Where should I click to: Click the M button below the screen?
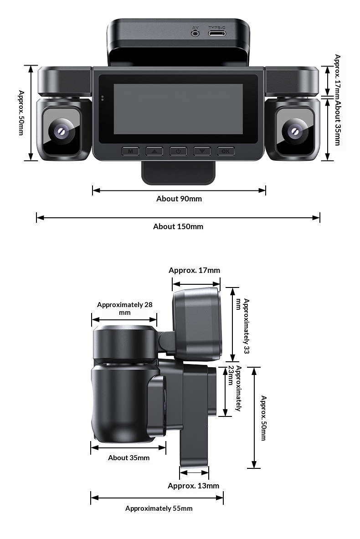pos(130,151)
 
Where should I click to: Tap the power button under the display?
pos(178,151)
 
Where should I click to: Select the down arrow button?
pos(202,151)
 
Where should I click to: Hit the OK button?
pos(226,151)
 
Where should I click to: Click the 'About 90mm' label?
pos(179,199)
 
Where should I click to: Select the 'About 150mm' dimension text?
pos(178,226)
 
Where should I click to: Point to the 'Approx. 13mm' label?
pos(193,486)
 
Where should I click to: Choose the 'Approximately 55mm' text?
pos(159,508)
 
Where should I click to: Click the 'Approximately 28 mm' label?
pos(124,308)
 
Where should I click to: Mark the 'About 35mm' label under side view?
pos(129,458)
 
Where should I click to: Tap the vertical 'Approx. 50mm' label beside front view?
pos(21,113)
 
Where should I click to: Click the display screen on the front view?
pos(178,109)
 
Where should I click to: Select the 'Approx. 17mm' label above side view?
pos(194,270)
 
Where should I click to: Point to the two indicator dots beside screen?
pos(102,98)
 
